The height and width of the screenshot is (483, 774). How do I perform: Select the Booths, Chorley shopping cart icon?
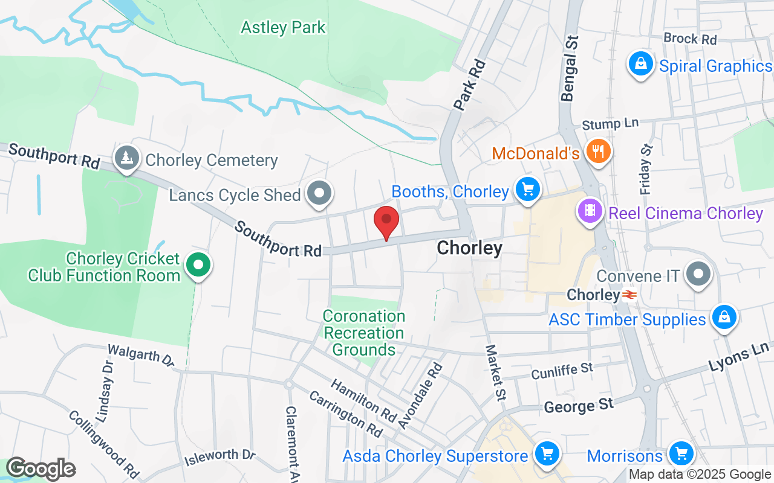(x=528, y=190)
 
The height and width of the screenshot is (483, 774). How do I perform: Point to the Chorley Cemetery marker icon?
(x=127, y=158)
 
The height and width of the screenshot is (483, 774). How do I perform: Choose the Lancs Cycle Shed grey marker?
(x=319, y=194)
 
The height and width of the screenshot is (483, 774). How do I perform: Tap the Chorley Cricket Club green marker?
(x=197, y=265)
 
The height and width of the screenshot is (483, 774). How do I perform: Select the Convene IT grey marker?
(x=699, y=274)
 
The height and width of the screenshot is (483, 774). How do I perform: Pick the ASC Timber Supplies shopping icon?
(x=723, y=317)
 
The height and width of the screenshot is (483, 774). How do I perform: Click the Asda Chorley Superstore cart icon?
(x=547, y=453)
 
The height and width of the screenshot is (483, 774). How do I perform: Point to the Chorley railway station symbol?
(x=629, y=295)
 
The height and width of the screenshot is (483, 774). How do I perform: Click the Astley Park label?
(x=283, y=27)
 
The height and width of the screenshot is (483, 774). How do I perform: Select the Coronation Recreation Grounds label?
(x=364, y=333)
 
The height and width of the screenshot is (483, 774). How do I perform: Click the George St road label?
(x=579, y=406)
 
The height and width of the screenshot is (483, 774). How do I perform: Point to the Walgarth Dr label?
(x=141, y=356)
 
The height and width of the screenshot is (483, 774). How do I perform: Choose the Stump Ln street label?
(x=610, y=124)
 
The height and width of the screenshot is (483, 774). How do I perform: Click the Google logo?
(x=41, y=469)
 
